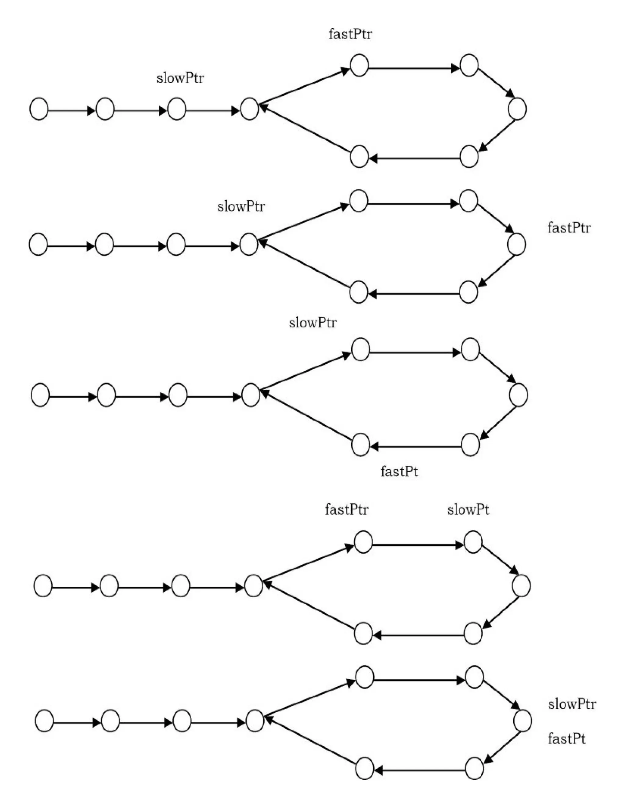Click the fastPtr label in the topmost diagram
coord(350,34)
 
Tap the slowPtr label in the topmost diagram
coord(180,78)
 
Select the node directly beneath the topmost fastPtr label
coord(359,65)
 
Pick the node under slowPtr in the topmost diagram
coord(177,109)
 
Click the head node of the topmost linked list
coord(39,109)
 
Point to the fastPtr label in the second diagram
coord(569,227)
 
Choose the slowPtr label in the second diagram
coord(241,206)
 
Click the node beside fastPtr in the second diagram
coord(517,245)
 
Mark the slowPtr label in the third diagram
coord(313,323)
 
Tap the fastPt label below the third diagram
coord(399,472)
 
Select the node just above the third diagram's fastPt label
coord(360,444)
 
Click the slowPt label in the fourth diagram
coord(468,510)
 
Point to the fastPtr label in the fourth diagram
coord(347,509)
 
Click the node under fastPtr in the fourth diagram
coord(363,542)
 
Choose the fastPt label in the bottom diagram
coord(566,739)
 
